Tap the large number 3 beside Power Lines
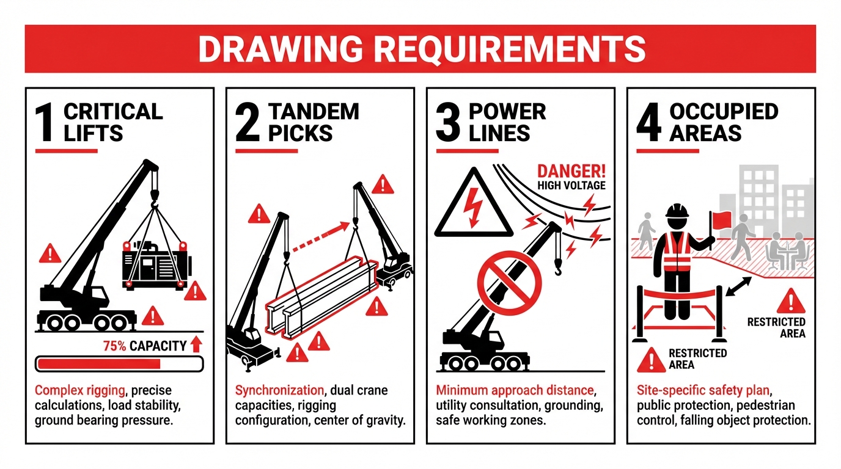(x=449, y=122)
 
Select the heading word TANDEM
(x=314, y=112)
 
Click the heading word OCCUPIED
(x=724, y=112)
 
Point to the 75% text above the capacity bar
(x=114, y=346)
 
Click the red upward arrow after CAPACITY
(x=196, y=344)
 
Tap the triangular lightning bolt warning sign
(x=474, y=205)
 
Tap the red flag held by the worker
(x=722, y=218)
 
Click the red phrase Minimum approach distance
(x=515, y=390)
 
